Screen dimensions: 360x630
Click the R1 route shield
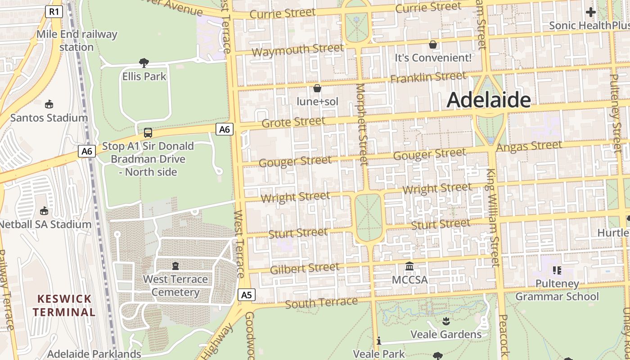point(54,12)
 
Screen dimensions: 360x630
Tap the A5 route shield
point(246,295)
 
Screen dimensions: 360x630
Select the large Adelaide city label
point(489,100)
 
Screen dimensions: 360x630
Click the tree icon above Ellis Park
point(144,63)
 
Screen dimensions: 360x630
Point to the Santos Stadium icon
point(49,104)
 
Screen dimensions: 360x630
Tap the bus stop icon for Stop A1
point(148,133)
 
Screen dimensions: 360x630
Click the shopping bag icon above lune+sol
point(317,88)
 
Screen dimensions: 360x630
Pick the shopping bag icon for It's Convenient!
point(433,45)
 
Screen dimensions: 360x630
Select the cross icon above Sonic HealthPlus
point(590,12)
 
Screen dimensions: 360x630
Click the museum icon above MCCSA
point(409,266)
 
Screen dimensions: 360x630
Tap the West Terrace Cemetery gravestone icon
point(175,266)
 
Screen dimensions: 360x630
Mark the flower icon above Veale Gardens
point(446,321)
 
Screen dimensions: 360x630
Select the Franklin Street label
point(428,78)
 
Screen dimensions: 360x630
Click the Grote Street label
point(293,122)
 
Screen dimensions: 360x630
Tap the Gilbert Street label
point(305,269)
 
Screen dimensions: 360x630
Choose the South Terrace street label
point(321,303)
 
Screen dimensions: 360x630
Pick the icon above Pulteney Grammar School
point(557,270)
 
